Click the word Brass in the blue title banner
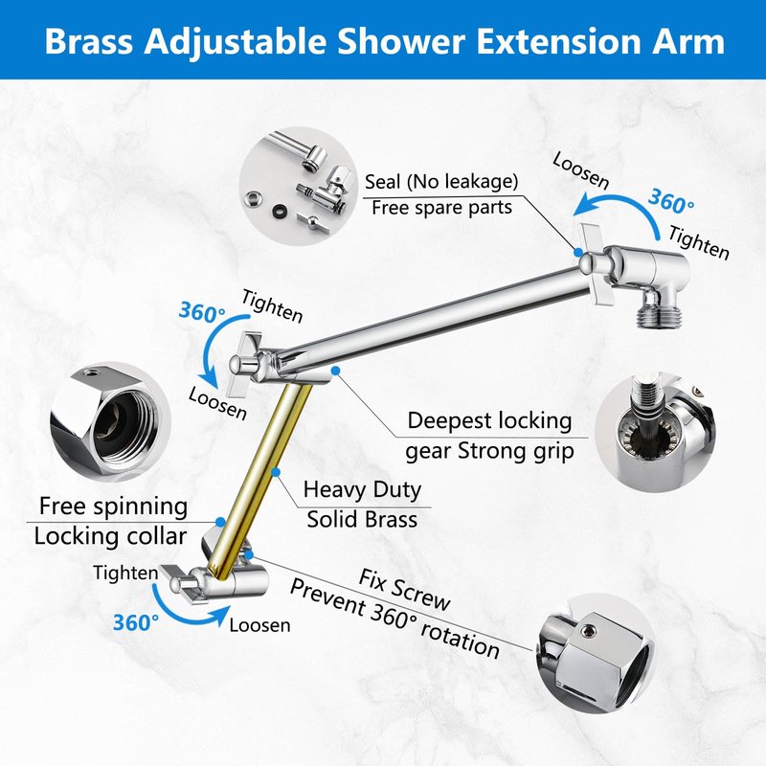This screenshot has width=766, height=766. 88,41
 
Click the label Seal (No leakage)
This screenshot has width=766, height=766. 441,182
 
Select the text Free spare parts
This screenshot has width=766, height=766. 441,208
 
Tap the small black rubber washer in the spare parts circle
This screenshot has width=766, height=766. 280,211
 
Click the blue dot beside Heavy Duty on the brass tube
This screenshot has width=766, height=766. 276,472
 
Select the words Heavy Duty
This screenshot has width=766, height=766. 362,490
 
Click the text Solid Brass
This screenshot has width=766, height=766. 362,519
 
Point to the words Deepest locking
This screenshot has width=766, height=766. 489,421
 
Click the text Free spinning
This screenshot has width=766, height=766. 113,507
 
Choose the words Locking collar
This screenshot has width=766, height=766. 110,536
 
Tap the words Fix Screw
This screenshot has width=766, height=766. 404,590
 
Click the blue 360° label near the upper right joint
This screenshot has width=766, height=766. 671,201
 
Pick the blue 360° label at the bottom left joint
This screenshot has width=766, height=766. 136,623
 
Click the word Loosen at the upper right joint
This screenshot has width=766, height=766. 581,170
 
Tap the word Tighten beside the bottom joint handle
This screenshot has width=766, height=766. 125,573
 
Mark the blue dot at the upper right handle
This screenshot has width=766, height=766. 578,253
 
